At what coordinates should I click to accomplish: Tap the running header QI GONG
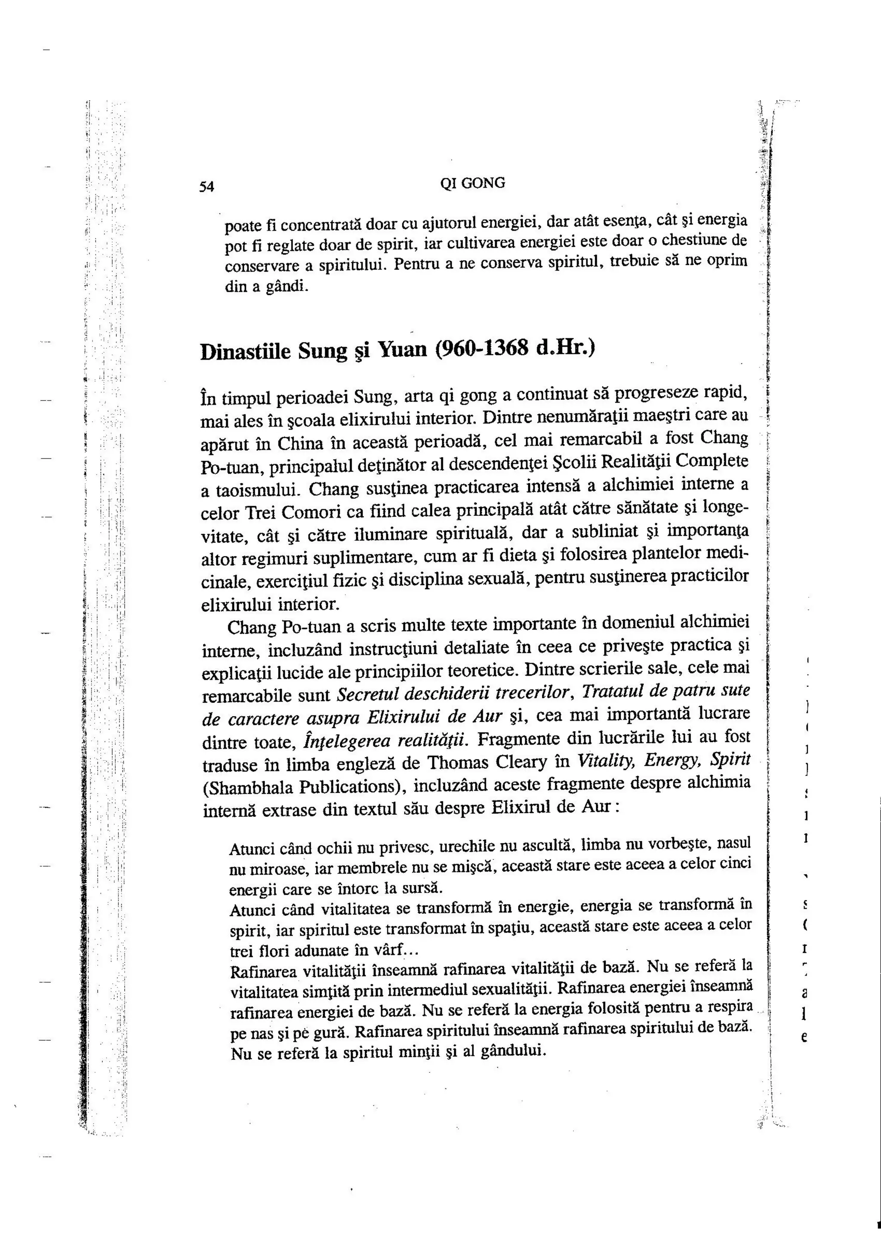tap(472, 184)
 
